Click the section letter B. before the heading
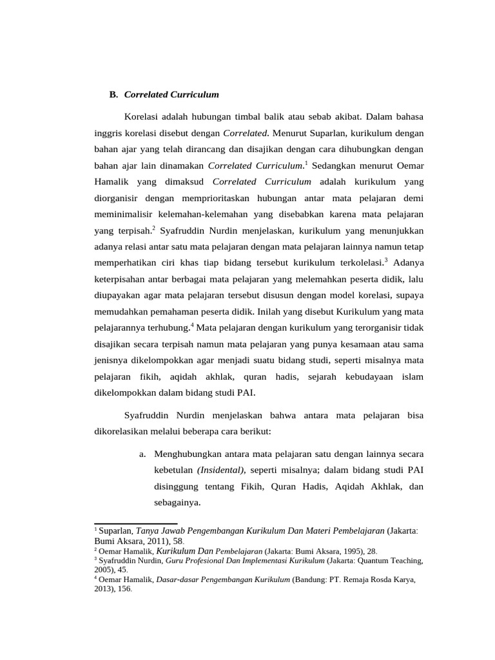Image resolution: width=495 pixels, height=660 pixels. tap(113, 95)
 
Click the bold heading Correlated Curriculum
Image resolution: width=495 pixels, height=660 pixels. tap(171, 95)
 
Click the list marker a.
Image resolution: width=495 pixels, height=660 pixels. tap(142, 454)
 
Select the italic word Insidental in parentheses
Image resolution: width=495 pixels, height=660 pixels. tap(221, 471)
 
